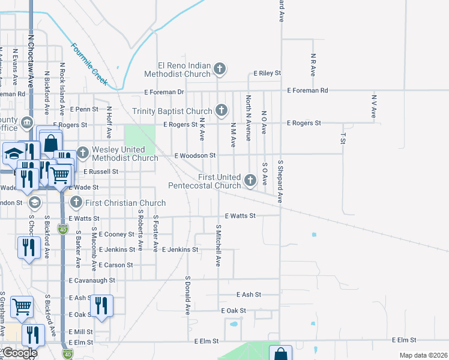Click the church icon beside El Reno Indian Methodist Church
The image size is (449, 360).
point(220,68)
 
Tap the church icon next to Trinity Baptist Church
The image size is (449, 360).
point(221,110)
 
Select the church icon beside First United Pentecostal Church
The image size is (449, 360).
point(250,179)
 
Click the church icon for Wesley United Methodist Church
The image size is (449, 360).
point(82,152)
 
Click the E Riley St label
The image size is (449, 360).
point(267,73)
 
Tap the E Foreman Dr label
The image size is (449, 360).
point(164,92)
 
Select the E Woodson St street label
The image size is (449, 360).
point(194,155)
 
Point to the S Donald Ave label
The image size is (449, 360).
point(187,296)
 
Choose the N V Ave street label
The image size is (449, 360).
point(373,106)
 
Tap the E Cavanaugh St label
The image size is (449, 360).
point(92,280)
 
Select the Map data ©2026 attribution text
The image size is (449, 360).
point(423,355)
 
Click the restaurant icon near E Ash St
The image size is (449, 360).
point(101,305)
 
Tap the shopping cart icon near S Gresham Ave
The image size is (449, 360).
point(22,307)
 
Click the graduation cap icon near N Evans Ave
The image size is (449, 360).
point(13,154)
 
